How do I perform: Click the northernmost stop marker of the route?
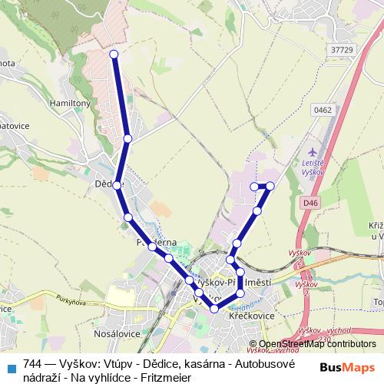point(114,54)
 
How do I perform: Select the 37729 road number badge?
point(342,50)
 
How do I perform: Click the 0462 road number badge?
point(323,111)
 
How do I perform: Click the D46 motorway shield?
point(310,203)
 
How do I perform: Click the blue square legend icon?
point(12,366)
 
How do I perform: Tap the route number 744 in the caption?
point(33,365)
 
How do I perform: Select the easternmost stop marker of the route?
point(270,186)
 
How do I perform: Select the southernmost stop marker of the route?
point(214,308)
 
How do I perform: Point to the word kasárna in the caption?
point(194,365)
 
